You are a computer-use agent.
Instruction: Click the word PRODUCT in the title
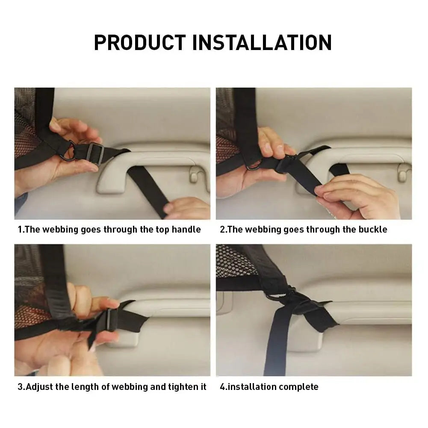coord(139,42)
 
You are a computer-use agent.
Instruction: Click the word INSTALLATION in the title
coord(262,42)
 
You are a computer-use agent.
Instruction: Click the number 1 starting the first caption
coord(20,230)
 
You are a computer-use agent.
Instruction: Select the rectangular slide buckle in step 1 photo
coord(95,154)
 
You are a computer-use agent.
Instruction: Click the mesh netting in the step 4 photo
coord(233,261)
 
